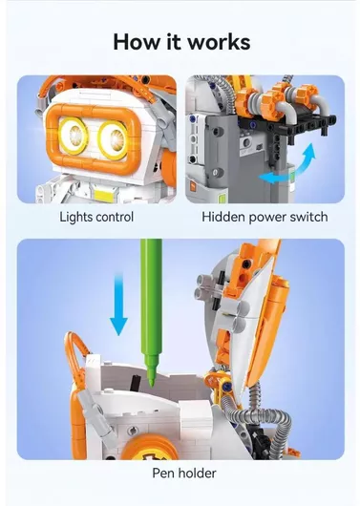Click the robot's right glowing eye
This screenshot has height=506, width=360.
coord(114,139)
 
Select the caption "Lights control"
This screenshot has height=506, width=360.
coord(96,217)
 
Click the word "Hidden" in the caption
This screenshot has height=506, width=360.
coord(223,217)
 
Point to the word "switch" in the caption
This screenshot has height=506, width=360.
coord(308,217)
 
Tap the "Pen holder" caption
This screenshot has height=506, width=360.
coord(184,474)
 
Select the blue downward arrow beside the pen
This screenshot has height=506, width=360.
coord(118,304)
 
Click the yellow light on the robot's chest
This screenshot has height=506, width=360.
coord(104,195)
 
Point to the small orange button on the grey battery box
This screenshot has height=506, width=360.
coord(194,186)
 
